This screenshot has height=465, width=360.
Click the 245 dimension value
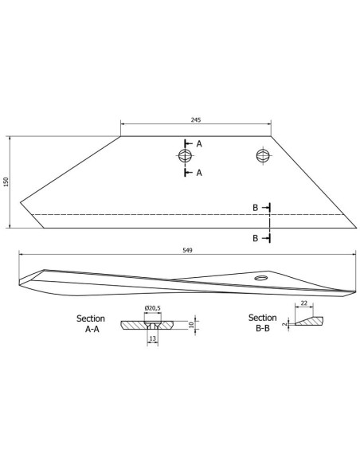[196, 119]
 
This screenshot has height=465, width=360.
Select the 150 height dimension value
[6, 182]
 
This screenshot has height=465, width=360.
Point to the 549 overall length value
[187, 250]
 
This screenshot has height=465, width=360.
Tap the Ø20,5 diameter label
[153, 308]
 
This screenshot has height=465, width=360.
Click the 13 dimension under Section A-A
[153, 338]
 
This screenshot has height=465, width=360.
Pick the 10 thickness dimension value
[191, 325]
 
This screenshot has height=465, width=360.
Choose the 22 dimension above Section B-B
[304, 303]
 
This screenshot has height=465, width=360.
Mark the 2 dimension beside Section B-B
[285, 324]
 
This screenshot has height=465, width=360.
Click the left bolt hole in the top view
[186, 155]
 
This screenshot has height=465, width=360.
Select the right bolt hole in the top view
[264, 155]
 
